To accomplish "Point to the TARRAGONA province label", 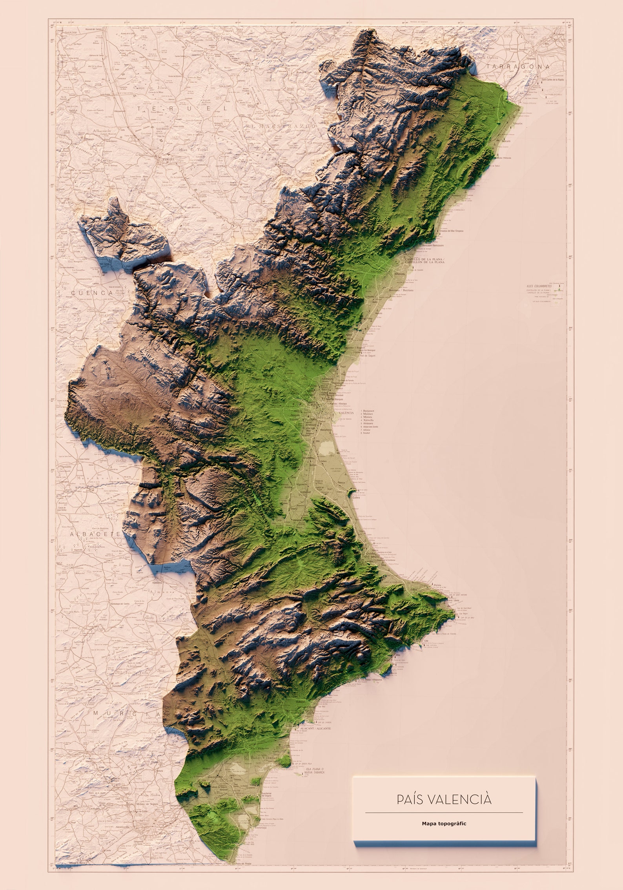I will click(x=518, y=67).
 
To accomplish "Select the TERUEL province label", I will click(x=182, y=108).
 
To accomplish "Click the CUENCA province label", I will click(x=92, y=293).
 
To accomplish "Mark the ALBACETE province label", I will click(x=95, y=534).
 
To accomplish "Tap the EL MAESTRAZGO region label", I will click(x=281, y=126).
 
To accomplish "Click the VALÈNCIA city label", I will click(x=346, y=412).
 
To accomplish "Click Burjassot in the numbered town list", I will click(x=370, y=410).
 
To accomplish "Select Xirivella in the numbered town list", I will click(x=368, y=420).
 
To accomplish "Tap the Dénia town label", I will click(x=437, y=596).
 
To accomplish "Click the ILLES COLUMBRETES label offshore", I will click(x=539, y=286).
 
